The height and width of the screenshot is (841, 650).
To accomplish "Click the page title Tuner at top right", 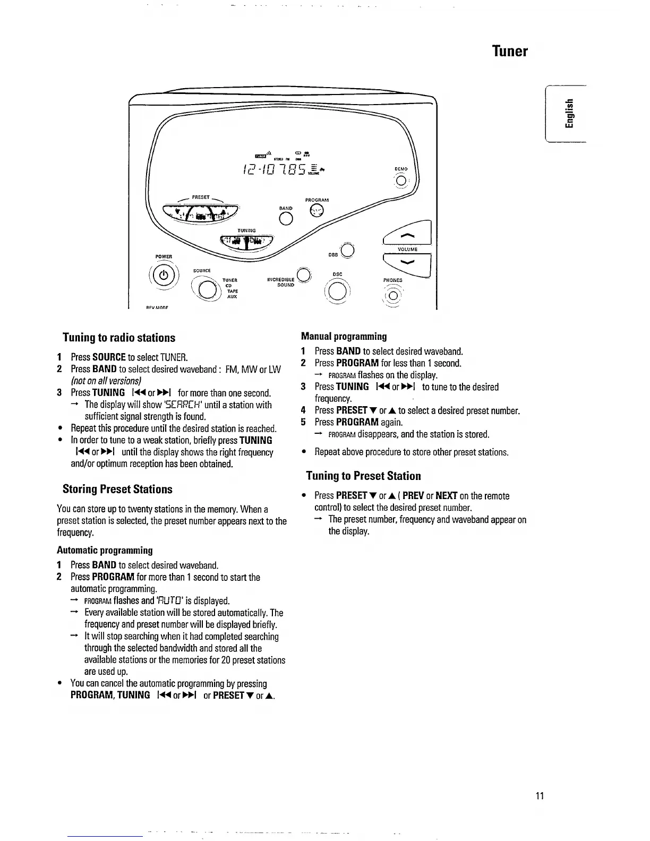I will point(509,51).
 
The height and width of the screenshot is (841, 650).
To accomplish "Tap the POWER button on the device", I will point(165,275).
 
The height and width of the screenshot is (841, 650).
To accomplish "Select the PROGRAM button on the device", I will point(317,210).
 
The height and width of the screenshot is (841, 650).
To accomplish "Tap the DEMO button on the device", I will point(401,181).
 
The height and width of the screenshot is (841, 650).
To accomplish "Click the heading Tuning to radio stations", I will point(119,338).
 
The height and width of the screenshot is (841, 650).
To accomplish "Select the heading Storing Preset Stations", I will point(117,489).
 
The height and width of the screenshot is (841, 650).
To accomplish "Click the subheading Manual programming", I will point(344,336).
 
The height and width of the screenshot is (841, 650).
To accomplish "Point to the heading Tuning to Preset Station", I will point(363,476).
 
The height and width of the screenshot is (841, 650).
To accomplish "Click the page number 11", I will point(540,795).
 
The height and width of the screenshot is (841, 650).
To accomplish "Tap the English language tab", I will point(569,114).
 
